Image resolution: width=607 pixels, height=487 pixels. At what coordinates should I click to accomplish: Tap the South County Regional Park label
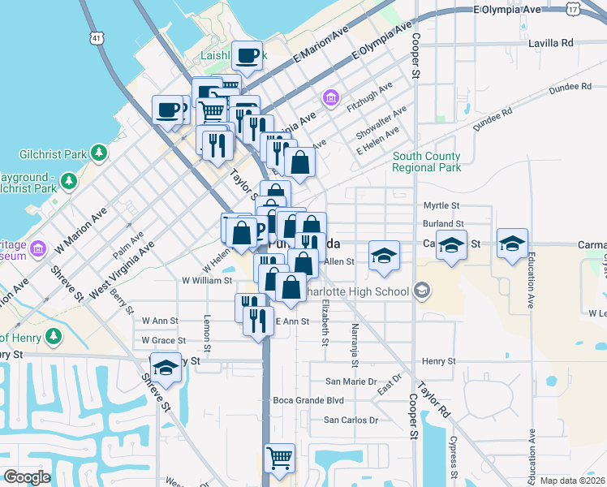[x=426, y=162]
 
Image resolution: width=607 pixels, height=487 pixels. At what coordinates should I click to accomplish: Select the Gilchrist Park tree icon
[x=99, y=152]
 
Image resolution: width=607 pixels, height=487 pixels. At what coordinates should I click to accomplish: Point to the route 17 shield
[x=574, y=8]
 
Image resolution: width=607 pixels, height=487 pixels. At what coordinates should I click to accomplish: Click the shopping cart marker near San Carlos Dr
[x=280, y=459]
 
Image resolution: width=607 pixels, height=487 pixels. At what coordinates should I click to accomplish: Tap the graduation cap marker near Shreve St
[x=166, y=368]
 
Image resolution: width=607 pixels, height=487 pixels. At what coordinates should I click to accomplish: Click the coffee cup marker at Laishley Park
[x=248, y=55]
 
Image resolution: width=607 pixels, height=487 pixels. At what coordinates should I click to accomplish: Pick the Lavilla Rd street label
[x=550, y=42]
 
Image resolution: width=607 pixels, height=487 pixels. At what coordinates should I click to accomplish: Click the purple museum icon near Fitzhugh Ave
[x=330, y=99]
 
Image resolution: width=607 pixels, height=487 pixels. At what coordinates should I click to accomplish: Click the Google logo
[x=26, y=477]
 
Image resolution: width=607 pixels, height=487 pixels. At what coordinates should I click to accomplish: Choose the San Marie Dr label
[x=351, y=381]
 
